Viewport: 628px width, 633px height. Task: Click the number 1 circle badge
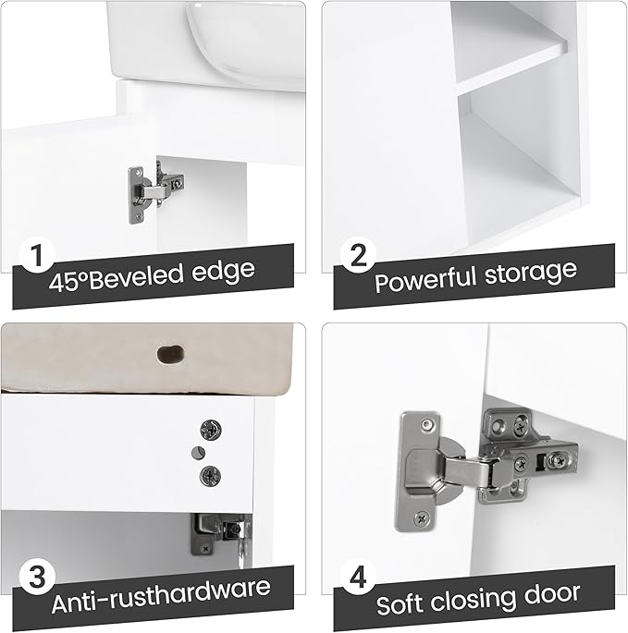tap(37, 255)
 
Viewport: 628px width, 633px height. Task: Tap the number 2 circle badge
tap(358, 255)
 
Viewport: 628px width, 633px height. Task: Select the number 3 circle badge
tap(37, 577)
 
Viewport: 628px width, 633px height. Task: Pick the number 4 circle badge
tap(358, 577)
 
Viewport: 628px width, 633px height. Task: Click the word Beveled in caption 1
tap(136, 277)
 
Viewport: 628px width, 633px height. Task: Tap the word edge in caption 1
tap(223, 272)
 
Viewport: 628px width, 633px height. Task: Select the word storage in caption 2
tap(530, 273)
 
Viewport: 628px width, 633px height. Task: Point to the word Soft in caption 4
tap(400, 603)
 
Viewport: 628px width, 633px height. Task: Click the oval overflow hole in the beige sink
tap(170, 354)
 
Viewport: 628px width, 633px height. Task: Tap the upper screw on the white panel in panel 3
tap(211, 430)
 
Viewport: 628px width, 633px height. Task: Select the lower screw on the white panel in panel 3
tap(210, 476)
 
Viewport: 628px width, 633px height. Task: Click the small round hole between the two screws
tap(198, 453)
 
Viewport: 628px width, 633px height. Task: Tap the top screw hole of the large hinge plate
tap(426, 423)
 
